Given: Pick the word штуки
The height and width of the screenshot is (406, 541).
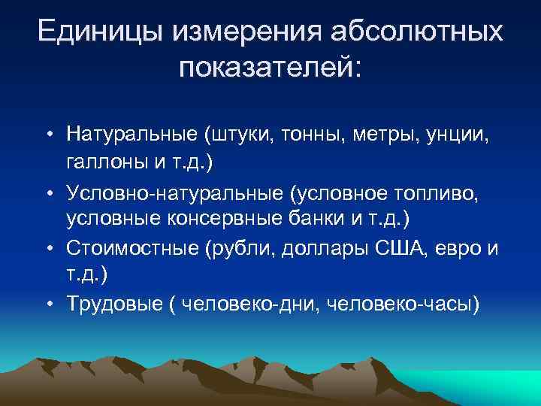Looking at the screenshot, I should click(230, 135).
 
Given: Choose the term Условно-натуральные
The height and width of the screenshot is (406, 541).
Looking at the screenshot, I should click(175, 192).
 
